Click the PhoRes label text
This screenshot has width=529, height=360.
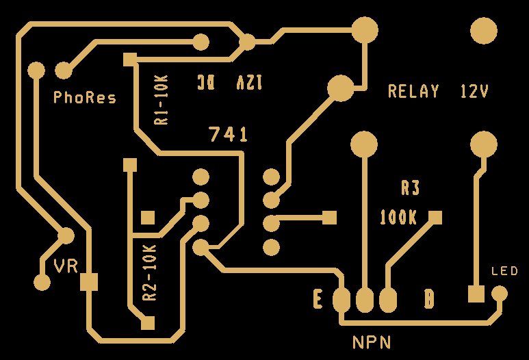pos(85,98)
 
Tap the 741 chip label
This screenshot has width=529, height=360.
pos(229,135)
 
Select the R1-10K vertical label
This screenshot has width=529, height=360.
pos(162,100)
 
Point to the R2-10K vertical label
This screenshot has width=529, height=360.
pos(149,273)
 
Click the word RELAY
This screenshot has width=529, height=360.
pos(413,91)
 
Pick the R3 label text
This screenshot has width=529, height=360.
pos(410,188)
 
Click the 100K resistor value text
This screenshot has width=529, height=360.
pos(398,218)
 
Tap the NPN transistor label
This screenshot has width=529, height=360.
pos(372,342)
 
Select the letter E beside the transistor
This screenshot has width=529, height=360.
pos(318,299)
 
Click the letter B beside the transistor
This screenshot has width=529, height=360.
pos(429,299)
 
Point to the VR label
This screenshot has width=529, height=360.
pos(66,266)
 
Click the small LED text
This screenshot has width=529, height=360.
pos(505,272)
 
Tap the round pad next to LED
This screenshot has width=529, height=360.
pos(500,294)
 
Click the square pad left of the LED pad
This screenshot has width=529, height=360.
pos(476,294)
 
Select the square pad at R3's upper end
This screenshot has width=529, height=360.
pos(435,218)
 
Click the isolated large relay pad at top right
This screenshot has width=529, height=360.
pos(484,31)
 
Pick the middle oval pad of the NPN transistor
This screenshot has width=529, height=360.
pos(365,300)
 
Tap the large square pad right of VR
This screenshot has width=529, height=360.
pos(89,281)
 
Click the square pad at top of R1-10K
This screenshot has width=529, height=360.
pos(129,60)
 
